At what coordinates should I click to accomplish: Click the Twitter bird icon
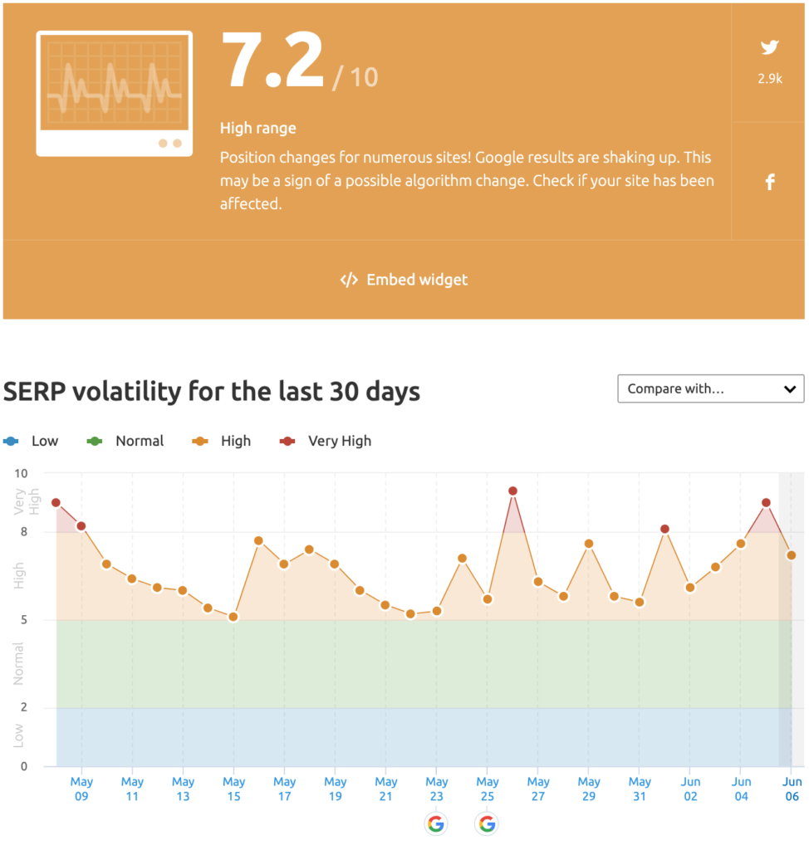click(769, 47)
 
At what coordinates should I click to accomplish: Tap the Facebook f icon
click(770, 182)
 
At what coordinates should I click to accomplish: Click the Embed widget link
click(404, 280)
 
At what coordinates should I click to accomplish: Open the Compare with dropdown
click(711, 388)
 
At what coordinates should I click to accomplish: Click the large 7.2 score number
click(273, 60)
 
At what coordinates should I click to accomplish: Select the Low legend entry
click(31, 442)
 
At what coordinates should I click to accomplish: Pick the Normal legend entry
click(125, 442)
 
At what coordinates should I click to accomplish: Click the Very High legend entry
click(326, 442)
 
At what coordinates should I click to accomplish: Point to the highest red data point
click(512, 491)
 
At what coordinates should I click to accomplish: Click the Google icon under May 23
click(436, 824)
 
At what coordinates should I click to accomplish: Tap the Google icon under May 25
click(487, 824)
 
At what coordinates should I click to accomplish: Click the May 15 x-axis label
click(234, 789)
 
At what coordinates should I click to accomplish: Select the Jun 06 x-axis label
click(792, 789)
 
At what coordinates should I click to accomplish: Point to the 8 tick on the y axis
click(24, 532)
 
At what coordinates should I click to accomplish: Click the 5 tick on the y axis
click(24, 619)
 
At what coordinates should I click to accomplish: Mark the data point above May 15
click(233, 617)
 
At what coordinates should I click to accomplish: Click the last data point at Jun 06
click(792, 555)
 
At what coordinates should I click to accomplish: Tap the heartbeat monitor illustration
click(115, 94)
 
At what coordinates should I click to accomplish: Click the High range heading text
click(258, 129)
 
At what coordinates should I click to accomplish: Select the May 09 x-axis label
click(81, 789)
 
